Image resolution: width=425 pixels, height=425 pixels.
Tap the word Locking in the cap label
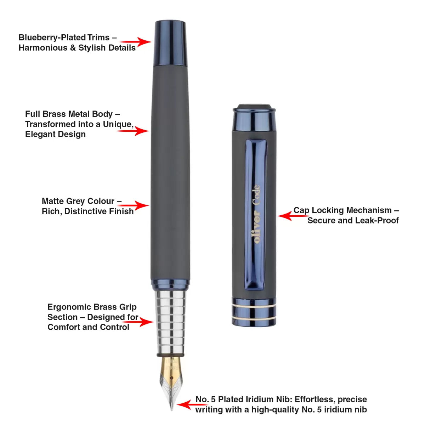[x=328, y=210]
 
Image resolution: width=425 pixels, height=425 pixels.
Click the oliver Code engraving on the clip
[x=256, y=214]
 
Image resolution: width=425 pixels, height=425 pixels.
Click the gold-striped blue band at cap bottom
[x=254, y=312]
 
